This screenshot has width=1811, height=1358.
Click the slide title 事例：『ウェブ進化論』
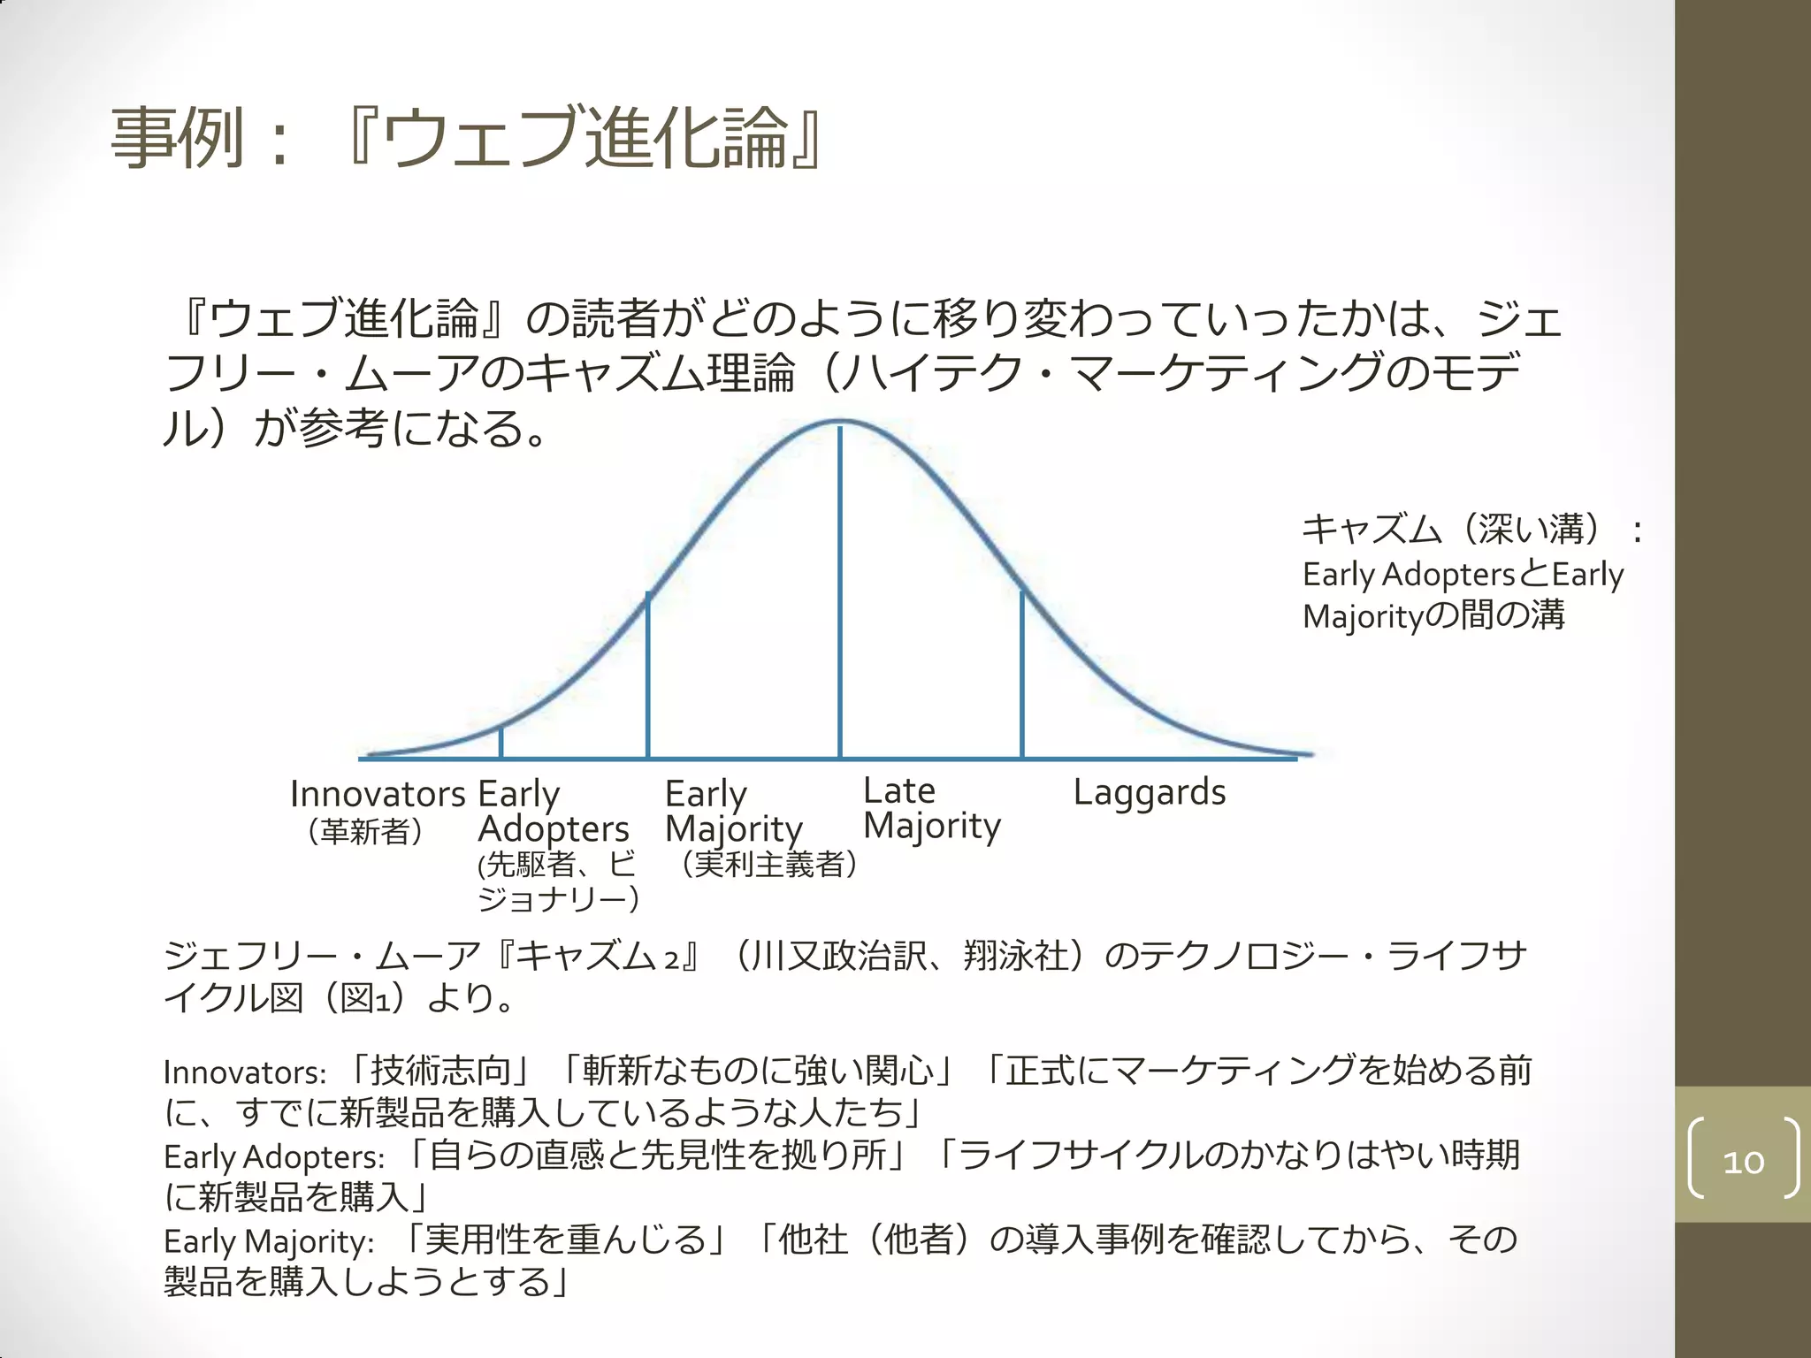coord(467,138)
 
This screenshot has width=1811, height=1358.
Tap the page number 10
coord(1743,1161)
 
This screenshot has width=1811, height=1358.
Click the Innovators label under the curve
coord(378,794)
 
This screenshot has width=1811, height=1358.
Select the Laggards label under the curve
coord(1150,792)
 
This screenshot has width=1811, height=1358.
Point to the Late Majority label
coord(931,808)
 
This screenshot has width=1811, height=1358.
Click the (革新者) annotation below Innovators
coord(365,831)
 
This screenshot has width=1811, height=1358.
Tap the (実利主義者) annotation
coord(768,864)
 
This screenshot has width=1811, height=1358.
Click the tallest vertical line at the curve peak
coord(839,592)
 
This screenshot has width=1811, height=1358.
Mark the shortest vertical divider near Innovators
coord(501,742)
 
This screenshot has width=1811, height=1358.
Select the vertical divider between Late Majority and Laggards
coord(1022,675)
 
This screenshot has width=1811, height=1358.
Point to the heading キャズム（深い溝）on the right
coord(1450,529)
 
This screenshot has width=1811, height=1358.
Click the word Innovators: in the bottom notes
coord(245,1072)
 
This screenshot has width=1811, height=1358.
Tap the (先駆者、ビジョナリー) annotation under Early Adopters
coord(557,881)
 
